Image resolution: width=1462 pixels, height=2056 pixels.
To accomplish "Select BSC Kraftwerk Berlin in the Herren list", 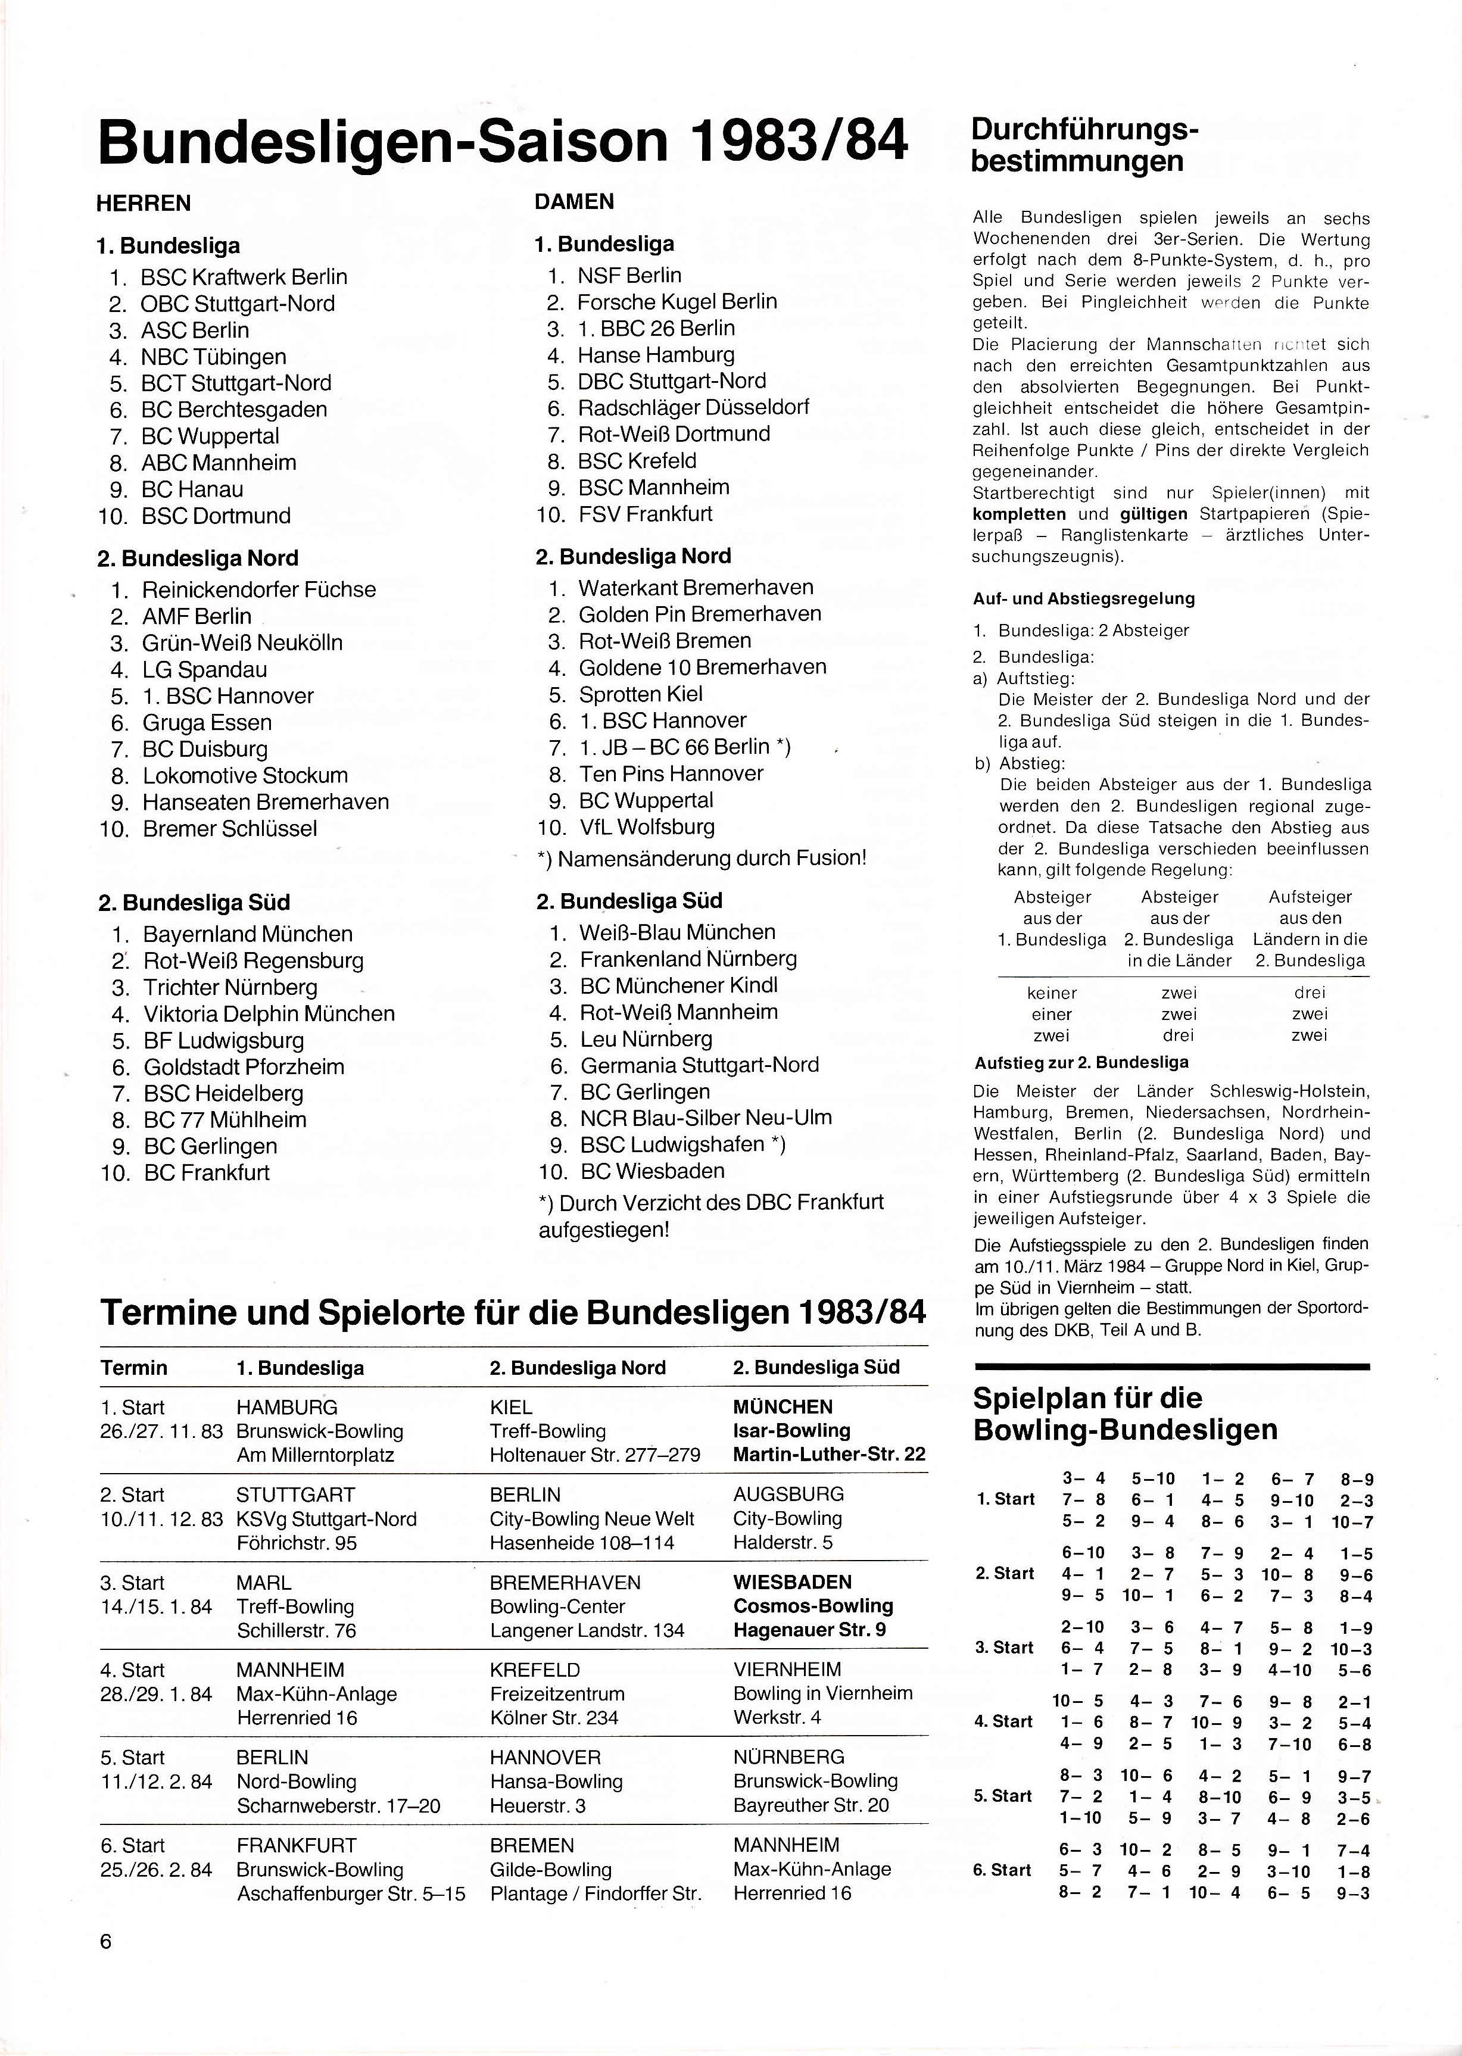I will tap(243, 277).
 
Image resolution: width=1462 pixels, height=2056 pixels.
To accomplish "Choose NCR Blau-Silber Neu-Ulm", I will tap(706, 1118).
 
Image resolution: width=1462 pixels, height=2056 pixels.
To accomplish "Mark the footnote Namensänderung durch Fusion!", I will tap(702, 859).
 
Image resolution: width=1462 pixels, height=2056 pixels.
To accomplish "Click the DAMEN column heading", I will tap(574, 202).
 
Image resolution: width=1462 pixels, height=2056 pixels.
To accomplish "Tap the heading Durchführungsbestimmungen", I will tap(1085, 146).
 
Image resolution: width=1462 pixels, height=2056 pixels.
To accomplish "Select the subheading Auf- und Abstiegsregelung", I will tap(1083, 598).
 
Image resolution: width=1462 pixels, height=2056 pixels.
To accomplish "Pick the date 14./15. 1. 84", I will tap(156, 1607).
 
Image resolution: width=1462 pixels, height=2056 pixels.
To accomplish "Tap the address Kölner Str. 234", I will tap(554, 1718).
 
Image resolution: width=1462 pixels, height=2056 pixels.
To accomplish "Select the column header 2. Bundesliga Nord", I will tap(577, 1368).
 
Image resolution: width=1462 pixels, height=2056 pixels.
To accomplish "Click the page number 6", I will tap(106, 1942).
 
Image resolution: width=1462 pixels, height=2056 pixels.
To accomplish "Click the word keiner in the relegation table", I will tap(1052, 993).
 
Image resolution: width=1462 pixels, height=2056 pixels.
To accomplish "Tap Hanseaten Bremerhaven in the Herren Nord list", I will tap(266, 802).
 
